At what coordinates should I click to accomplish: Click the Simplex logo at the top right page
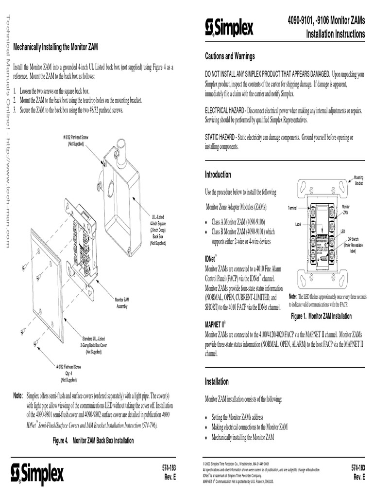pyautogui.click(x=229, y=27)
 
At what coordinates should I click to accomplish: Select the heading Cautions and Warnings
pyautogui.click(x=230, y=57)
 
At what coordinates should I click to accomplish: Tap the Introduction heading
pyautogui.click(x=218, y=175)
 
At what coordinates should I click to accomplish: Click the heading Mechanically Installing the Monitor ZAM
pyautogui.click(x=55, y=47)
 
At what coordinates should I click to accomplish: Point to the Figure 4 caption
pyautogui.click(x=93, y=441)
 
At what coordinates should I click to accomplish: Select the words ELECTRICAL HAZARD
pyautogui.click(x=223, y=111)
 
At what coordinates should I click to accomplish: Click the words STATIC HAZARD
pyautogui.click(x=220, y=138)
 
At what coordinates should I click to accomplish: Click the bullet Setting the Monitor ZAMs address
pyautogui.click(x=237, y=417)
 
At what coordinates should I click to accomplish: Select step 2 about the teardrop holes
pyautogui.click(x=78, y=100)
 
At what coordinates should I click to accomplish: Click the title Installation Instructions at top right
pyautogui.click(x=335, y=34)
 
